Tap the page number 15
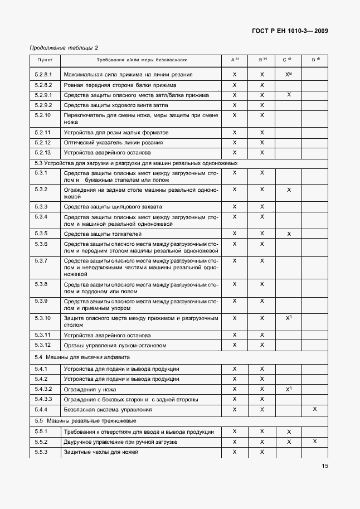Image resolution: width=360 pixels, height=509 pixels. (324, 467)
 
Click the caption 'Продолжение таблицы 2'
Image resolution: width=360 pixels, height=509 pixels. (67, 47)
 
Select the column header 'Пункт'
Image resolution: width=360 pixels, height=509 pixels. (45, 59)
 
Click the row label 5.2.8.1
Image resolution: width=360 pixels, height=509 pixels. (43, 74)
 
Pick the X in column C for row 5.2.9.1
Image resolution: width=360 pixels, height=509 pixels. (289, 95)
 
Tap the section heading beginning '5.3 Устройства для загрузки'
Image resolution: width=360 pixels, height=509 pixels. (137, 163)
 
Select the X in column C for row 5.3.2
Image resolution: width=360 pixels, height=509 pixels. (289, 190)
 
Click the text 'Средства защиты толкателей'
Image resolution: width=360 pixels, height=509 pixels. (103, 234)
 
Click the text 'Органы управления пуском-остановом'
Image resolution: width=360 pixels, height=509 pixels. (115, 346)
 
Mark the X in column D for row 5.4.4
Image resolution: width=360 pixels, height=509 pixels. (315, 409)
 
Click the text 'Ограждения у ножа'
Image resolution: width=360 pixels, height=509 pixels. (90, 389)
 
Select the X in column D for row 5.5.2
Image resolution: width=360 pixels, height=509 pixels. (315, 442)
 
